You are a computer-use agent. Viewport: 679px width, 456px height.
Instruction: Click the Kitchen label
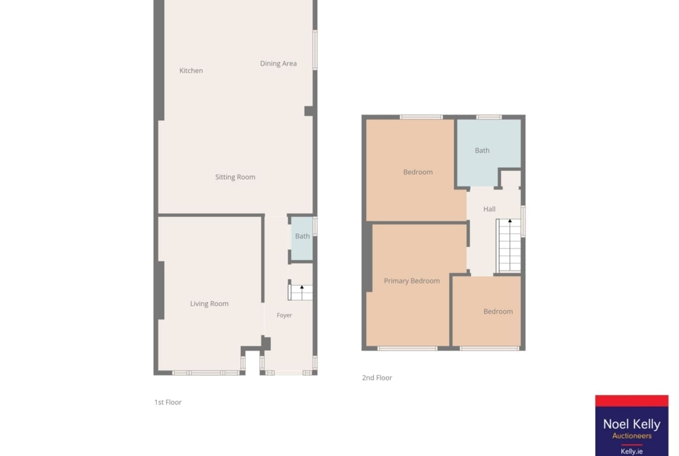pyautogui.click(x=191, y=71)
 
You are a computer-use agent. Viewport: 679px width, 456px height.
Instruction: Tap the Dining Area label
pyautogui.click(x=279, y=64)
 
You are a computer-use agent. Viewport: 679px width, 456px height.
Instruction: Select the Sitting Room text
pyautogui.click(x=235, y=177)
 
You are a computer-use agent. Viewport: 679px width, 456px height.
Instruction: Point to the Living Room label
pyautogui.click(x=209, y=304)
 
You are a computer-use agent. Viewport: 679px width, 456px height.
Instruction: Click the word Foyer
pyautogui.click(x=284, y=315)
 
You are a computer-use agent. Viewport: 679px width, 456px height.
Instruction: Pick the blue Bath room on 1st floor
pyautogui.click(x=302, y=238)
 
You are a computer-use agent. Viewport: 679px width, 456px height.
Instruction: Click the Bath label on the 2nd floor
pyautogui.click(x=482, y=150)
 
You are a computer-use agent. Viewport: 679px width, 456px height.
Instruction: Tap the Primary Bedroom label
pyautogui.click(x=412, y=281)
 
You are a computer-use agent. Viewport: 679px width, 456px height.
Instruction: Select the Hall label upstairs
pyautogui.click(x=489, y=209)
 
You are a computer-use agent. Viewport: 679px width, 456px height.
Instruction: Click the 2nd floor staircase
pyautogui.click(x=508, y=246)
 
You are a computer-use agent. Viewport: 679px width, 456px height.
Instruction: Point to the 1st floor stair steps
pyautogui.click(x=301, y=293)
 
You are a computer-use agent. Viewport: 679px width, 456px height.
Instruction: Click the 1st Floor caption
pyautogui.click(x=168, y=402)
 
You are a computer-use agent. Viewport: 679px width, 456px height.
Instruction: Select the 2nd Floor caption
pyautogui.click(x=377, y=378)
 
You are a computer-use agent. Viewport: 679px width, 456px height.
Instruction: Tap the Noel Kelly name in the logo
pyautogui.click(x=632, y=424)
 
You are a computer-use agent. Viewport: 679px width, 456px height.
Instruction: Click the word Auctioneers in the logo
pyautogui.click(x=632, y=436)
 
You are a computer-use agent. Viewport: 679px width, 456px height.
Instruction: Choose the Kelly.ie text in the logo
pyautogui.click(x=632, y=451)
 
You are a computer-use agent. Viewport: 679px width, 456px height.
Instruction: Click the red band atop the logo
pyautogui.click(x=632, y=401)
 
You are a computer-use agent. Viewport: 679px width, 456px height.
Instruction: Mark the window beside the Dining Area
pyautogui.click(x=315, y=50)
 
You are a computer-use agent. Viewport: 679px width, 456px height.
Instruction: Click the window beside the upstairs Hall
pyautogui.click(x=523, y=221)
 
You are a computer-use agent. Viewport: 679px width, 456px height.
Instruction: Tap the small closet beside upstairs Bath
pyautogui.click(x=511, y=179)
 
